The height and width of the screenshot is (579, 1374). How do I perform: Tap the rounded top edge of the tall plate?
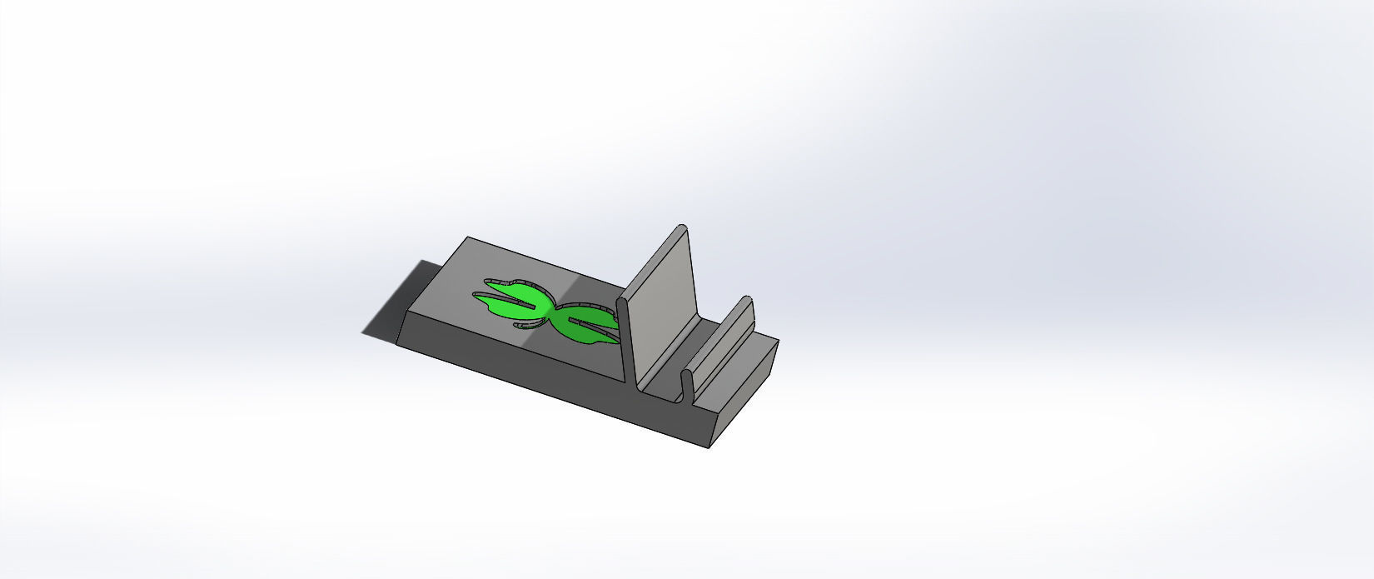(x=681, y=227)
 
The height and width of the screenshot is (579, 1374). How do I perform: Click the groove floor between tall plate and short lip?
(x=666, y=379)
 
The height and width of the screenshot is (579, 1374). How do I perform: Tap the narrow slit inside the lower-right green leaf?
(x=593, y=321)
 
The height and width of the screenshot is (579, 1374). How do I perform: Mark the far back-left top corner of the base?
(x=467, y=238)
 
